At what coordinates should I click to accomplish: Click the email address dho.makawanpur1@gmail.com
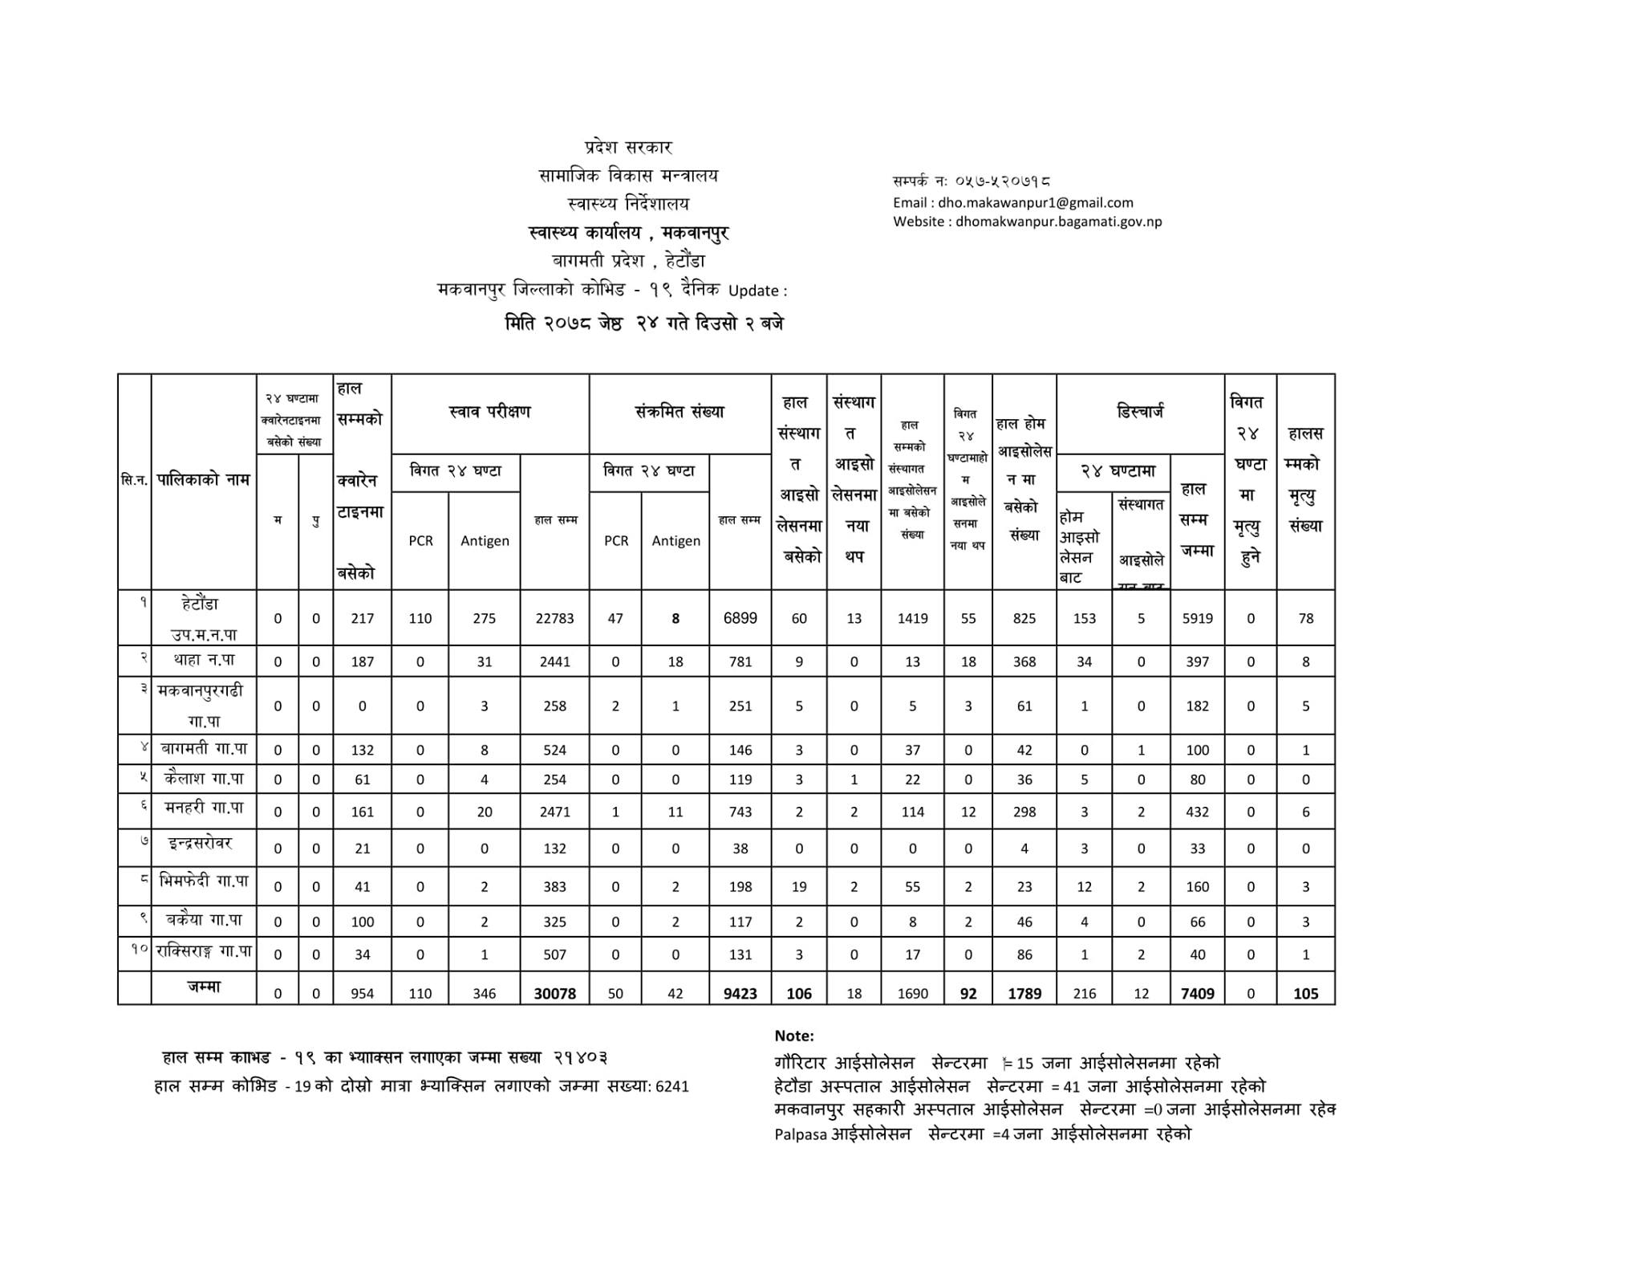point(1035,203)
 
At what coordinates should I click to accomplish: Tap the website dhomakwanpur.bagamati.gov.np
point(1058,222)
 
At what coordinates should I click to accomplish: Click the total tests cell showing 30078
point(554,993)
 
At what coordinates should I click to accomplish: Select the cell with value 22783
point(554,618)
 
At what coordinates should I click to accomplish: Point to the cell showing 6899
point(740,618)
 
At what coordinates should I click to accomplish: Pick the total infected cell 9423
point(740,993)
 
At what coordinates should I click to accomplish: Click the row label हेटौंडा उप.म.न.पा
point(204,618)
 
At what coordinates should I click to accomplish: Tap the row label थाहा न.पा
point(204,660)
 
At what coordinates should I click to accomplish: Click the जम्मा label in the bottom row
point(204,987)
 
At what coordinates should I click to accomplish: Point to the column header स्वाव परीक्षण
point(489,413)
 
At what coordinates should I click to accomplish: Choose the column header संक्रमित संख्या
point(680,413)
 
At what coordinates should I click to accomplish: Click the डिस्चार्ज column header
point(1140,413)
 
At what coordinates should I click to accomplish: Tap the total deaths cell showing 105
point(1305,993)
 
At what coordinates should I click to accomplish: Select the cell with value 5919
point(1197,618)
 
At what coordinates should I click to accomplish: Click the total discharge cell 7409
point(1197,993)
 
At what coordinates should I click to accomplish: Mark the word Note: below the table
point(794,1036)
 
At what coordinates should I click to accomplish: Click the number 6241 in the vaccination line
point(672,1087)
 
